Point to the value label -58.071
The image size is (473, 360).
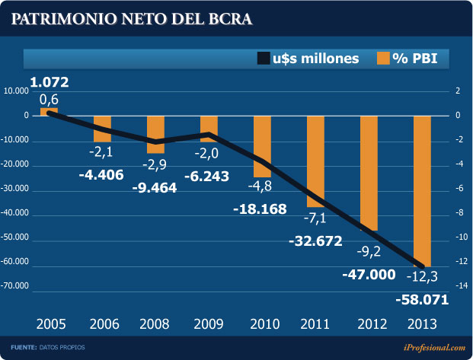422,299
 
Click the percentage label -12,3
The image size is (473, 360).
422,275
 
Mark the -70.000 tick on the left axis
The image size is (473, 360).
16,287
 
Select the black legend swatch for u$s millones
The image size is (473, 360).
264,58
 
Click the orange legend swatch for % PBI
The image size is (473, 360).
383,58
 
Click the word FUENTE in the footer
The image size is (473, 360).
23,348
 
